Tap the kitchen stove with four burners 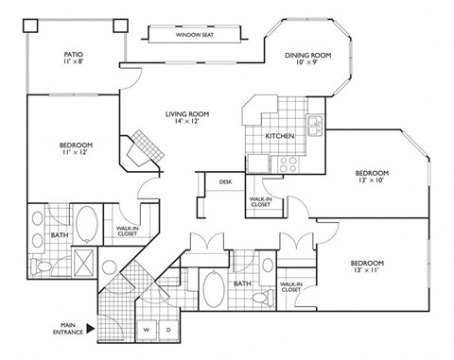click(x=287, y=162)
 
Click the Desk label click(x=225, y=181)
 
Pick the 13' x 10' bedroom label click(x=373, y=178)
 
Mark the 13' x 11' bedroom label click(x=367, y=266)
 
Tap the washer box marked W click(x=148, y=330)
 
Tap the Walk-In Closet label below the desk click(x=259, y=202)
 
